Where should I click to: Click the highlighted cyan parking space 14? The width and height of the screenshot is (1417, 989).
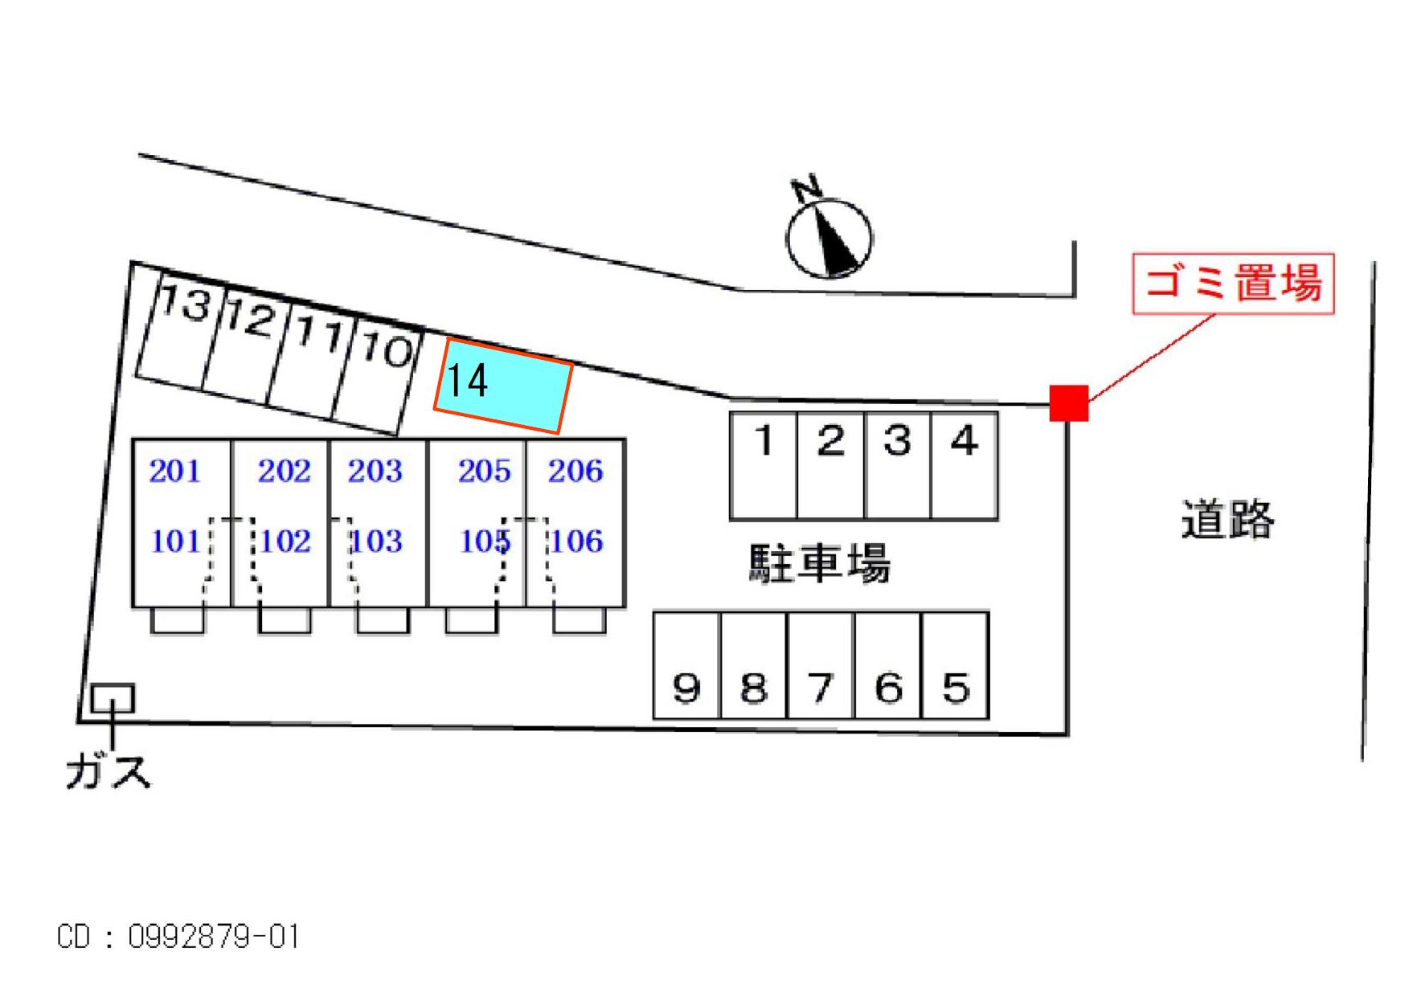(x=503, y=386)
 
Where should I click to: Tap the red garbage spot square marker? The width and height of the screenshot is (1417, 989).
(x=1068, y=403)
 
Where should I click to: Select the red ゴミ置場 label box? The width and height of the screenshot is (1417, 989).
(x=1232, y=284)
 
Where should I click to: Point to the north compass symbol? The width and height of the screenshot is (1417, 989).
(x=829, y=236)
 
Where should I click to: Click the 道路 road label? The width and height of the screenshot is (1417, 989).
(x=1227, y=519)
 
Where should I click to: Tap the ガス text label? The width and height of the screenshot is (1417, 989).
(x=108, y=771)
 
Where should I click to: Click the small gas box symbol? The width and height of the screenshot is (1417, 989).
(x=112, y=699)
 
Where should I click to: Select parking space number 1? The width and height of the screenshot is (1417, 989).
(x=764, y=465)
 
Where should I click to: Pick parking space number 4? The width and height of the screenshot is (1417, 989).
(x=964, y=465)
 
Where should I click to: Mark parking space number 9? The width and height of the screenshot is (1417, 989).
(x=686, y=665)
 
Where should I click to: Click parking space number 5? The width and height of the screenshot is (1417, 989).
(x=955, y=665)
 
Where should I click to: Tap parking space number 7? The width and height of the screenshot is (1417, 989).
(x=821, y=665)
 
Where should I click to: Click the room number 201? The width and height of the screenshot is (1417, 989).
(x=174, y=471)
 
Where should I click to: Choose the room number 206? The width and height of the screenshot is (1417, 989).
(x=575, y=471)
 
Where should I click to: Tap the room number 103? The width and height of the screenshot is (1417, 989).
(x=375, y=541)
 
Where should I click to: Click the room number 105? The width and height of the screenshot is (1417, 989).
(x=485, y=541)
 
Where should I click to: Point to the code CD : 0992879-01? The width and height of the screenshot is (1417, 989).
(x=178, y=937)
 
